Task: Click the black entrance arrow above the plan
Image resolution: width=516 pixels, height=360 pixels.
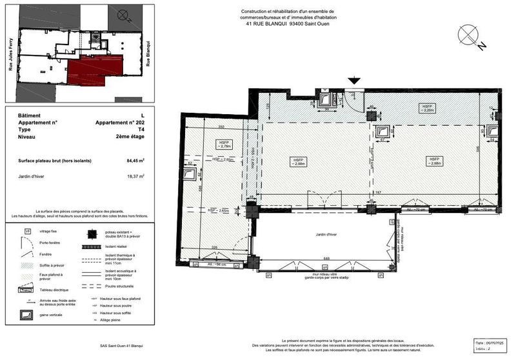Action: [x=353, y=81]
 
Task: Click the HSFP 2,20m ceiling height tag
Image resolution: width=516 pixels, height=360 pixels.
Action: [x=426, y=108]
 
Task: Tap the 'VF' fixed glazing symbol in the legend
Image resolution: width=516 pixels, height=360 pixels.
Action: [x=27, y=230]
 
